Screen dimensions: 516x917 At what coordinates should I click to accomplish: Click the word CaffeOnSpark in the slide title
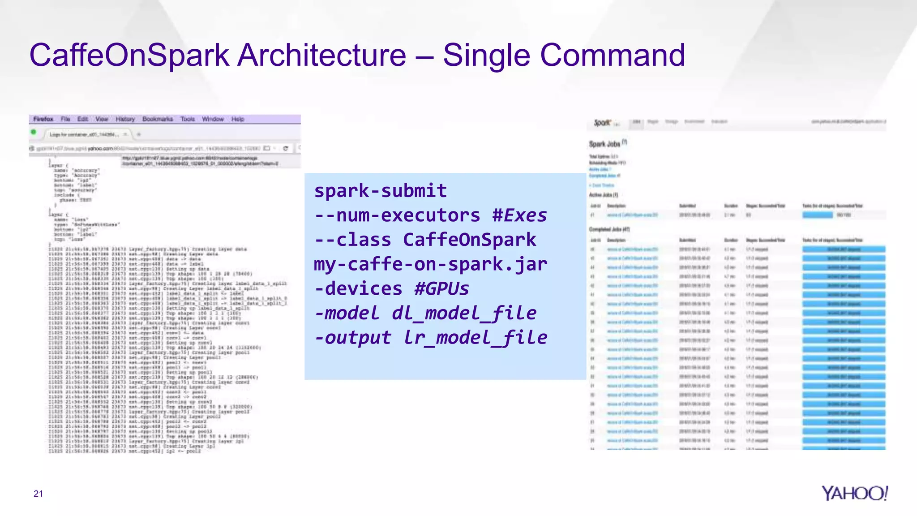tap(129, 56)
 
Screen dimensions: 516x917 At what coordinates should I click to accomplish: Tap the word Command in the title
tap(612, 56)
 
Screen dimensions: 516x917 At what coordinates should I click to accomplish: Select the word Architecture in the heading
tap(321, 56)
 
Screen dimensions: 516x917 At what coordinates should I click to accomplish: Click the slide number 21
tap(38, 494)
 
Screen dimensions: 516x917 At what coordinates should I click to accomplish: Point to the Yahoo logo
tap(854, 493)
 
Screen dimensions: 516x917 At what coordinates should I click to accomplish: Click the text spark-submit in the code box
tap(380, 191)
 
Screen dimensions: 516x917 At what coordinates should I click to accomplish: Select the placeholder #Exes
tap(519, 215)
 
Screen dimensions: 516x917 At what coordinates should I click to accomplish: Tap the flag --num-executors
tap(397, 215)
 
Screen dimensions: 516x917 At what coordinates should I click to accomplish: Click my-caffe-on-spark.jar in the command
tap(430, 264)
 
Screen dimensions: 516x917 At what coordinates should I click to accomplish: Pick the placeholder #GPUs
tap(441, 288)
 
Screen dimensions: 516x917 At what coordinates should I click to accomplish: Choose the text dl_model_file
tap(464, 313)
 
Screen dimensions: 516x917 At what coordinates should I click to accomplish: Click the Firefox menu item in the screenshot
tap(43, 119)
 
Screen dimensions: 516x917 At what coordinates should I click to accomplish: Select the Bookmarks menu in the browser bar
tap(157, 119)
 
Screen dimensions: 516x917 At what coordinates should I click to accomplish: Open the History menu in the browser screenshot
tap(125, 119)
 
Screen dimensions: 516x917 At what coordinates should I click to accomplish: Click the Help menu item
tap(237, 119)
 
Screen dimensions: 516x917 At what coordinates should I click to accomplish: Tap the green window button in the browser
tap(34, 132)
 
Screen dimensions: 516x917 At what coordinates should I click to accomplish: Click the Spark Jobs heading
tap(604, 144)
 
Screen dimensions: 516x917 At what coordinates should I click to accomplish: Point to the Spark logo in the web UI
tap(602, 122)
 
